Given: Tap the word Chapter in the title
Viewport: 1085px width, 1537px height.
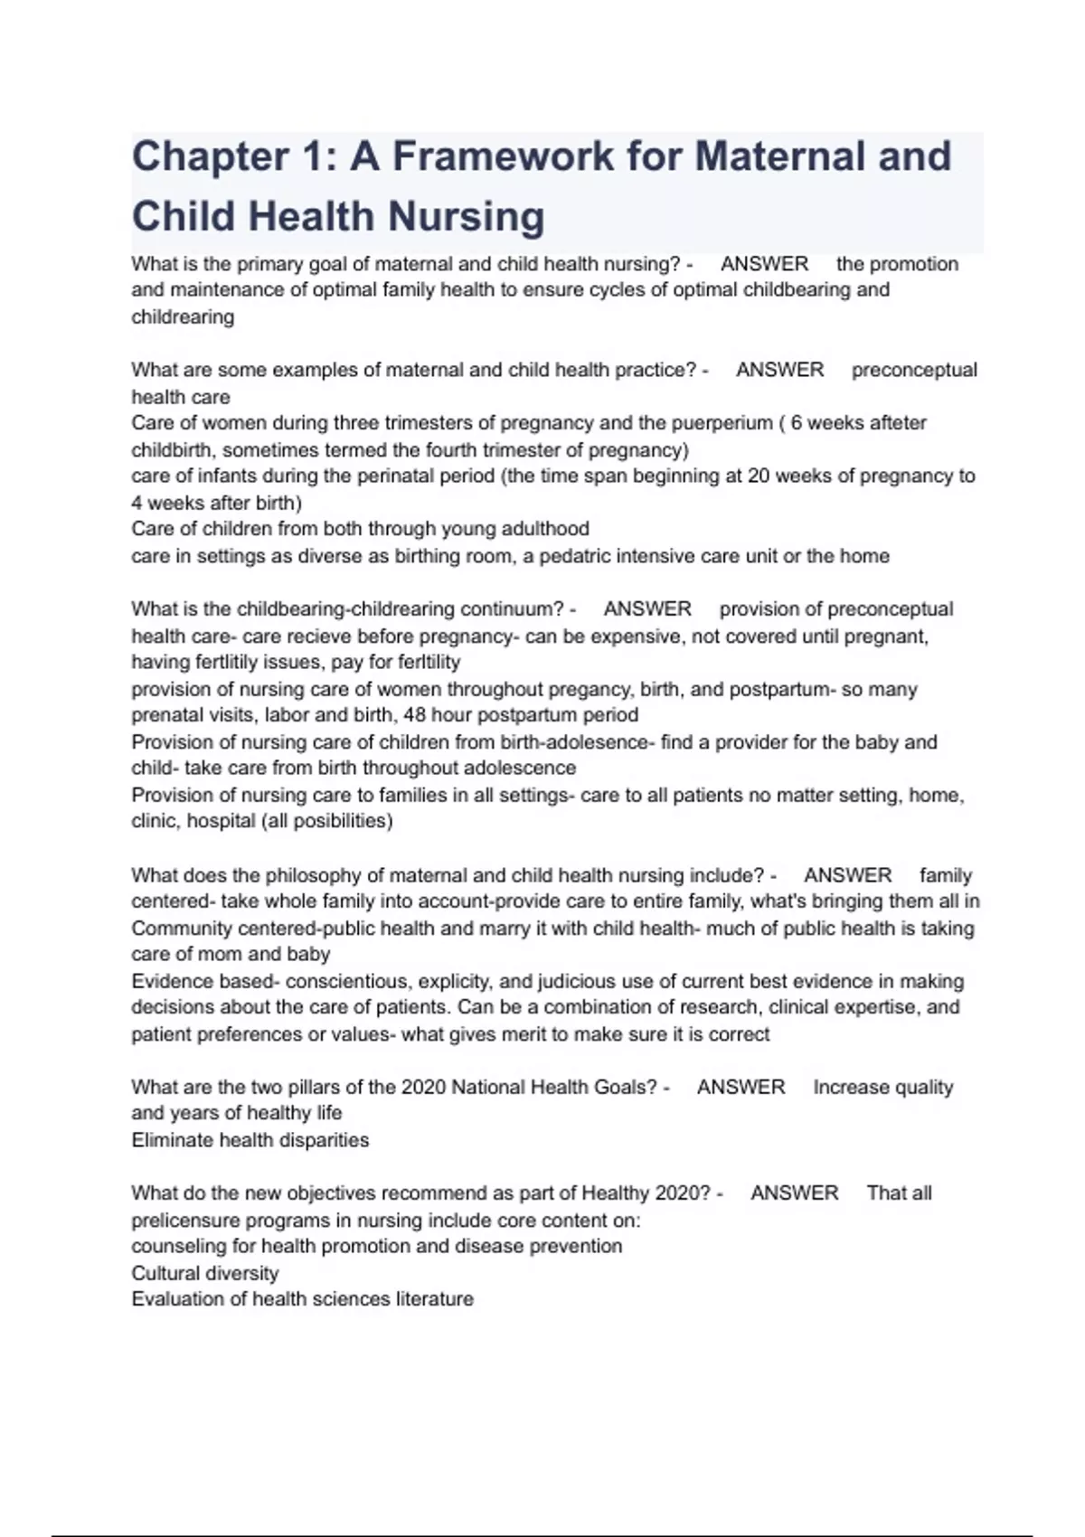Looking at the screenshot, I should tap(209, 156).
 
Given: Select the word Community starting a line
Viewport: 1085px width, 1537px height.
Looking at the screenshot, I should tap(182, 929).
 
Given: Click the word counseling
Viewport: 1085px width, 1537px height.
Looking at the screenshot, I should tap(175, 1247).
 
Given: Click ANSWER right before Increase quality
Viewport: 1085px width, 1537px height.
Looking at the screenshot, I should tap(741, 1088).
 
